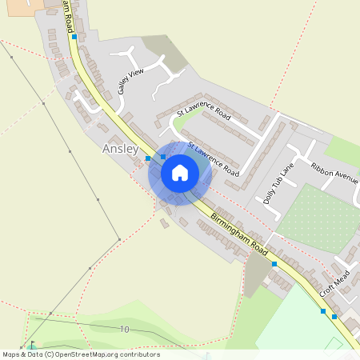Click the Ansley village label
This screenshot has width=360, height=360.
pyautogui.click(x=121, y=149)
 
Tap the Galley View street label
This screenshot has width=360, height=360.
pyautogui.click(x=130, y=82)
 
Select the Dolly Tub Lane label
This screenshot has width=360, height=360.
pyautogui.click(x=279, y=183)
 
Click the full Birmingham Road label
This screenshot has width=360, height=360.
pyautogui.click(x=239, y=233)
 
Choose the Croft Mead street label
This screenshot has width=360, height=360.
pyautogui.click(x=335, y=283)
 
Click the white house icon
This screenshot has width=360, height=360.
pyautogui.click(x=180, y=172)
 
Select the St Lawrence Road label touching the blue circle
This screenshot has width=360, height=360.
pyautogui.click(x=214, y=160)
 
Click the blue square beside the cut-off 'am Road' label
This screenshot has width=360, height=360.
pyautogui.click(x=74, y=37)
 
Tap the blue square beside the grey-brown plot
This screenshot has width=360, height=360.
pyautogui.click(x=274, y=263)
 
